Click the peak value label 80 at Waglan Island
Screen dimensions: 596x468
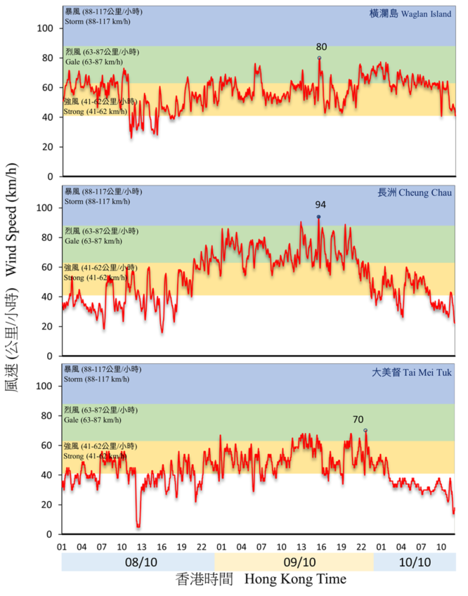pos(321,47)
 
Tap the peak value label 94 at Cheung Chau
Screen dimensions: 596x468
pos(320,205)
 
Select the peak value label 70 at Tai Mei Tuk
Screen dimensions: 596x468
pos(358,420)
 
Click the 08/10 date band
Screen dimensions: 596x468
pos(138,562)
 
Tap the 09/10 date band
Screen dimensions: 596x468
pos(294,562)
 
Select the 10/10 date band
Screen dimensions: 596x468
pos(415,562)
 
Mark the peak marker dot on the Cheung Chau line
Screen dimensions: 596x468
pos(318,217)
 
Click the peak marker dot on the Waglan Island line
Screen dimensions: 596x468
pos(319,58)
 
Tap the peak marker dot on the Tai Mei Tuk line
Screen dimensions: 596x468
pos(365,430)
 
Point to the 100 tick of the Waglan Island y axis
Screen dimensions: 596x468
pos(46,28)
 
